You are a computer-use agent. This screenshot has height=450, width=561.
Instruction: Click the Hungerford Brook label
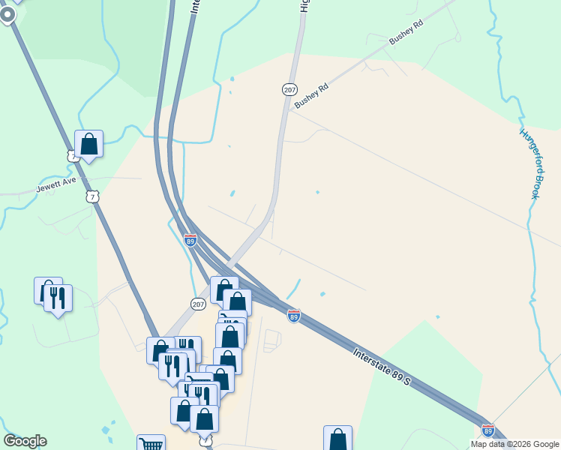[x=529, y=163]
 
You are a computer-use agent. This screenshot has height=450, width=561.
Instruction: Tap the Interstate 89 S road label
[x=382, y=367]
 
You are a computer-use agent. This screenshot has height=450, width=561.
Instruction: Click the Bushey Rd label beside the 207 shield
[x=311, y=96]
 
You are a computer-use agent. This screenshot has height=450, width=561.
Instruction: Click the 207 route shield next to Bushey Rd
[x=289, y=89]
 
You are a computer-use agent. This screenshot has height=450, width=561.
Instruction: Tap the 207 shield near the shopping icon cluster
[x=198, y=304]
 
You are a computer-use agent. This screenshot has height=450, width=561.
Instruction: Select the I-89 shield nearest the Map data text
[x=488, y=430]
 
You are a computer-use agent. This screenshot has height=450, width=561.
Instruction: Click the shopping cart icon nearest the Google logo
[x=151, y=444]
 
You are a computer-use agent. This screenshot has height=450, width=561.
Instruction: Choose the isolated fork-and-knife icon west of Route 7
[x=58, y=298]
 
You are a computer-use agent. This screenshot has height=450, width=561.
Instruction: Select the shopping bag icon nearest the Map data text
[x=337, y=437]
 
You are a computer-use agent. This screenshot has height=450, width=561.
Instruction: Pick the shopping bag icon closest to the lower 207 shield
[x=223, y=289]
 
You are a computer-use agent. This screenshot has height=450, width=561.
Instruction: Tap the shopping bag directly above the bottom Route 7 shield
[x=204, y=418]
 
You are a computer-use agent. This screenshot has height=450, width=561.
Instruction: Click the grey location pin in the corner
[x=8, y=15]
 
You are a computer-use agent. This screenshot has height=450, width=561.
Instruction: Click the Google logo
[x=25, y=441]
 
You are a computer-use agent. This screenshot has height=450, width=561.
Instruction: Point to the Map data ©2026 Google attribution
[x=514, y=444]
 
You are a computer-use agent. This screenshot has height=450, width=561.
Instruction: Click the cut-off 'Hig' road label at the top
[x=304, y=6]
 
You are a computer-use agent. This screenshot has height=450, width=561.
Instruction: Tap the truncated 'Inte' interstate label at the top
[x=196, y=6]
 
